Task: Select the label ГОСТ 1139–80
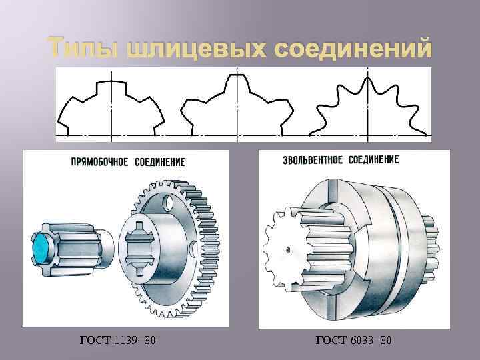click(x=118, y=341)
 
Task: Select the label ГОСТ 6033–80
click(x=353, y=341)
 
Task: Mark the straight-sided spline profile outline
click(x=110, y=107)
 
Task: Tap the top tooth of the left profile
click(x=111, y=83)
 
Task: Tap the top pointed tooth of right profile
click(x=365, y=80)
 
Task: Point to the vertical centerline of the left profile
click(x=111, y=120)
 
